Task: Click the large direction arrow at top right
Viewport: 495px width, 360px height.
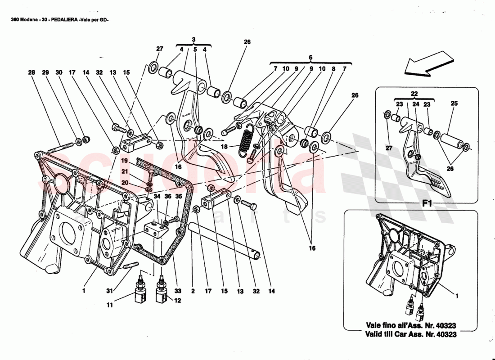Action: coord(428,63)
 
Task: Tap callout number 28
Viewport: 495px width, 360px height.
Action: coord(31,72)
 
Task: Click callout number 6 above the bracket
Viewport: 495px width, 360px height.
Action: coord(310,58)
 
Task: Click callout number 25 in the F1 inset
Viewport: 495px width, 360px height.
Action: coord(454,103)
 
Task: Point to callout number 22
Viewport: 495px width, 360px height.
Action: coord(414,93)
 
